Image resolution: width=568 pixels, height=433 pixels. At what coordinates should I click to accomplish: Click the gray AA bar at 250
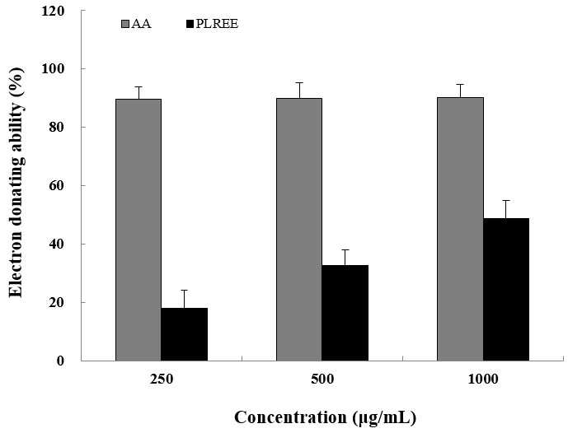(x=138, y=230)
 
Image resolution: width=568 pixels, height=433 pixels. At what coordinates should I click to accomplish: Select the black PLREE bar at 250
(x=185, y=334)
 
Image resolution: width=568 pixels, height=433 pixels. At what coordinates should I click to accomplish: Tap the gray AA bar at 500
(x=299, y=230)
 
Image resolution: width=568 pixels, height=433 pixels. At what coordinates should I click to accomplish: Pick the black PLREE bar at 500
(x=345, y=313)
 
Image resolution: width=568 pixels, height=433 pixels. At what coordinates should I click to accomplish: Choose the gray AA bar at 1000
(x=460, y=229)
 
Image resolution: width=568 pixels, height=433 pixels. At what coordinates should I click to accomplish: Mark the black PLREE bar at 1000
(x=506, y=290)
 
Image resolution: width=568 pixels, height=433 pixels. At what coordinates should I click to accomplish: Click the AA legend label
(x=141, y=24)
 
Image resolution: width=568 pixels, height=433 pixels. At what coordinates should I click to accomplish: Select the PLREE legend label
(x=217, y=24)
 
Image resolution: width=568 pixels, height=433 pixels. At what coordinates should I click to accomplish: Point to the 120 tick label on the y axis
(x=53, y=12)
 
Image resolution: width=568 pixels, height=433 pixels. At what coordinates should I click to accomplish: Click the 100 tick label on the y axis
(x=53, y=69)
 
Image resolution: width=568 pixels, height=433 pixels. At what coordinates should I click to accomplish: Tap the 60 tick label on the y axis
(x=57, y=186)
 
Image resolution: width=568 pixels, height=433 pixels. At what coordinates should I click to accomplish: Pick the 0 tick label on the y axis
(x=60, y=361)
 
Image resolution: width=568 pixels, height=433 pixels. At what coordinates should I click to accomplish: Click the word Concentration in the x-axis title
(x=290, y=417)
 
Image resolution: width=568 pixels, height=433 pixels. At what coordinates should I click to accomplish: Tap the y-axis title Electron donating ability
(x=16, y=182)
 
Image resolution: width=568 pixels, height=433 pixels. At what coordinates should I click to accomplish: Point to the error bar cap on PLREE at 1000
(x=506, y=200)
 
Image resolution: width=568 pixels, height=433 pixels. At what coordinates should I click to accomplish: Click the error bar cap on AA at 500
(x=299, y=83)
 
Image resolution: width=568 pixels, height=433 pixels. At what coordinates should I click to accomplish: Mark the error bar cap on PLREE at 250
(x=185, y=290)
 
